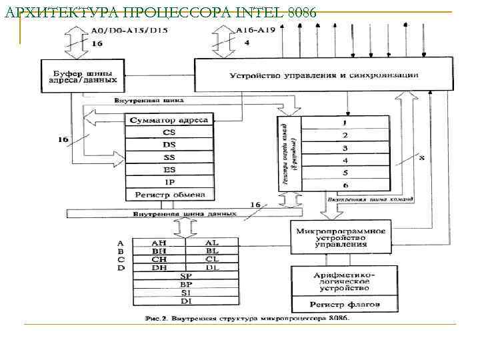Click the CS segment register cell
tap(169, 133)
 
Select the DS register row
tap(169, 145)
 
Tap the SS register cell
tap(169, 157)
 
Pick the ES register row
tap(169, 169)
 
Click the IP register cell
tap(169, 182)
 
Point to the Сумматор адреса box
tap(169, 121)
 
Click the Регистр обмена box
tap(169, 195)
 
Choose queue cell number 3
tap(345, 147)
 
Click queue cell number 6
tap(345, 185)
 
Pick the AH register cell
tap(159, 243)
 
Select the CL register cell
tap(211, 259)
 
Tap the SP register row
tap(185, 275)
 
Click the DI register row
tap(185, 300)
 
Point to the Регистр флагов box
tap(345, 304)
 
